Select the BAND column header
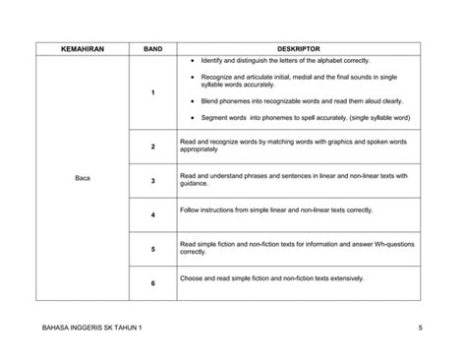pos(152,47)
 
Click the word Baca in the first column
pos(83,180)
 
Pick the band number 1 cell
pos(153,92)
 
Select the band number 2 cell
pos(153,147)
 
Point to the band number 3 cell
pos(153,181)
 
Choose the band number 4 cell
pos(153,214)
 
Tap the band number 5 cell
pos(153,249)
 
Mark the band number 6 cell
pos(153,283)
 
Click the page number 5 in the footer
pos(419,327)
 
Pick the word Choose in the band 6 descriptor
pos(193,278)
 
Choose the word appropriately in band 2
pos(202,150)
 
